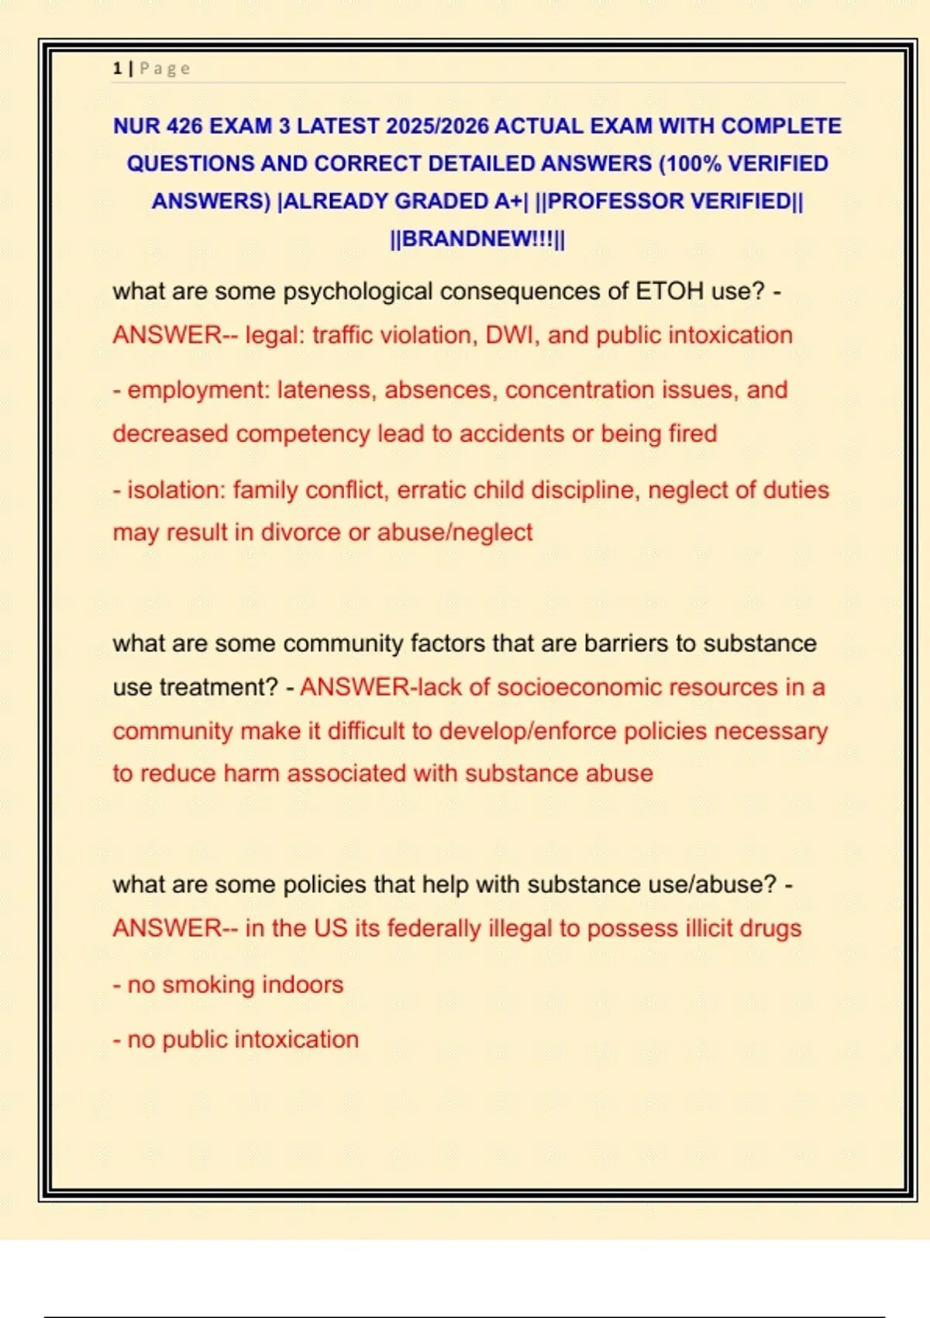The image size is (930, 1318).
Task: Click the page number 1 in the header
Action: tap(117, 68)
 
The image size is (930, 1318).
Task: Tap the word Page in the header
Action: tap(164, 68)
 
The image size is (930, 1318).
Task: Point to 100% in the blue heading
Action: tap(695, 164)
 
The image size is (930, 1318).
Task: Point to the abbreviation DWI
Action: tap(511, 335)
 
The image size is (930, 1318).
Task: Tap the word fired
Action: tap(692, 433)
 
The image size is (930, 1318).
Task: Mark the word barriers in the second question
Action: tap(625, 643)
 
